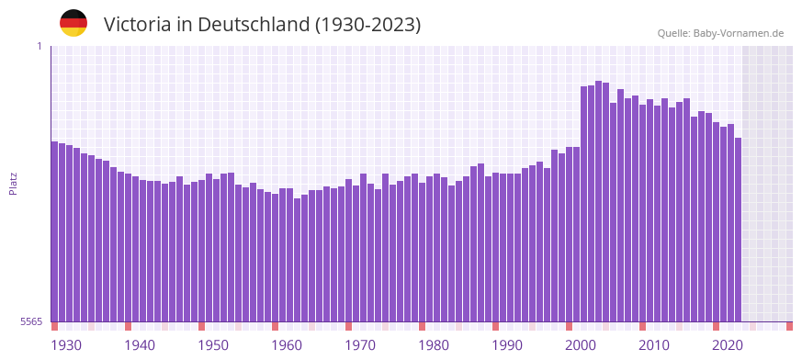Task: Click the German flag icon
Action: (73, 24)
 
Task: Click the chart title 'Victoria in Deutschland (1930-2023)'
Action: (262, 25)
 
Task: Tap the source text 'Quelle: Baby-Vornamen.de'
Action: (720, 33)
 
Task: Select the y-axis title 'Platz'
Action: (13, 183)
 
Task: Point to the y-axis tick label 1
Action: (40, 46)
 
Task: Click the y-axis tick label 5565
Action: (31, 321)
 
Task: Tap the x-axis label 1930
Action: (66, 345)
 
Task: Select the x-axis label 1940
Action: (140, 345)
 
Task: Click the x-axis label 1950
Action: (213, 345)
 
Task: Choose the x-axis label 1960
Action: (287, 345)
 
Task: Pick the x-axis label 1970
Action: (360, 345)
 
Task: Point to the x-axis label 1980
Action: (434, 345)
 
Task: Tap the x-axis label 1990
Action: (507, 345)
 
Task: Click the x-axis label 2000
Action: (581, 345)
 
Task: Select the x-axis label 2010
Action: (654, 345)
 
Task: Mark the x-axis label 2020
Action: (728, 345)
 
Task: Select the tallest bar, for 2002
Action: (599, 201)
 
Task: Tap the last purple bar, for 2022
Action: (738, 230)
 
